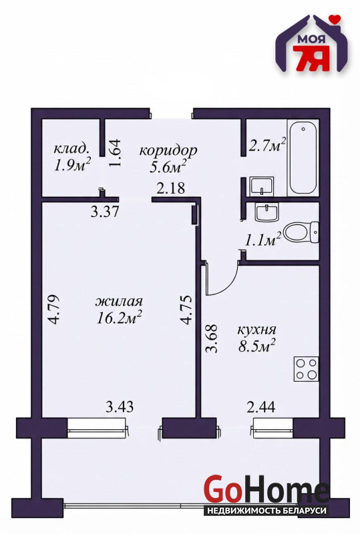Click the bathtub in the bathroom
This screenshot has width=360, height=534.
coord(303,158)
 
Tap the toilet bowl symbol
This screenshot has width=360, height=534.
coord(301,232)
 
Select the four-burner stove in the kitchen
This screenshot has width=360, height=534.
coord(307,369)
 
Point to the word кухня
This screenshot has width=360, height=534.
coord(256,330)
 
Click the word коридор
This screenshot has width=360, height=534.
coord(168,150)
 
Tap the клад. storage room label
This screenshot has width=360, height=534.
coord(72,148)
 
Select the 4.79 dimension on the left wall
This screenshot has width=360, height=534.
coord(54,309)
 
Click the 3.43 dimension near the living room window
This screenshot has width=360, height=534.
coord(120,407)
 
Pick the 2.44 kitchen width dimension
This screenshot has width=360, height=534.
coord(261,407)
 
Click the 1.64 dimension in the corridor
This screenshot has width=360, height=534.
coord(115,152)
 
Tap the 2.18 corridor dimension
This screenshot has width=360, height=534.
coord(171,188)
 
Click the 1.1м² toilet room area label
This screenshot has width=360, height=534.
coord(263,239)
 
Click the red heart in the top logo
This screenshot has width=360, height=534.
coord(337,19)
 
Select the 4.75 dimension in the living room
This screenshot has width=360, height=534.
coord(186,309)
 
